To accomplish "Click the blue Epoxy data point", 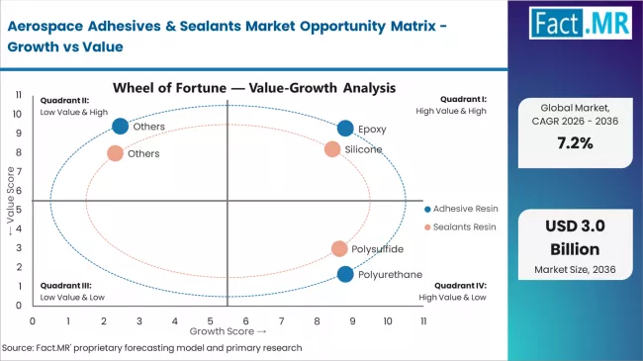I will point(345,129).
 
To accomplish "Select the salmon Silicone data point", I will point(332,149).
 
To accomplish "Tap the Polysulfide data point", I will point(339,249).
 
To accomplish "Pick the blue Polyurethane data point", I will point(345,274).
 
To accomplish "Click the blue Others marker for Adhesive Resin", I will point(121,126).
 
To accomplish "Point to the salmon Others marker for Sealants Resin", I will point(115,153).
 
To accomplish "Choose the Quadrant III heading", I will point(62,287).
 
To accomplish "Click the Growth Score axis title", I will point(230,332).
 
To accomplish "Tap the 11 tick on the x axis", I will point(423,321).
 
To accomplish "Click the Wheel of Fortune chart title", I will point(254,87).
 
